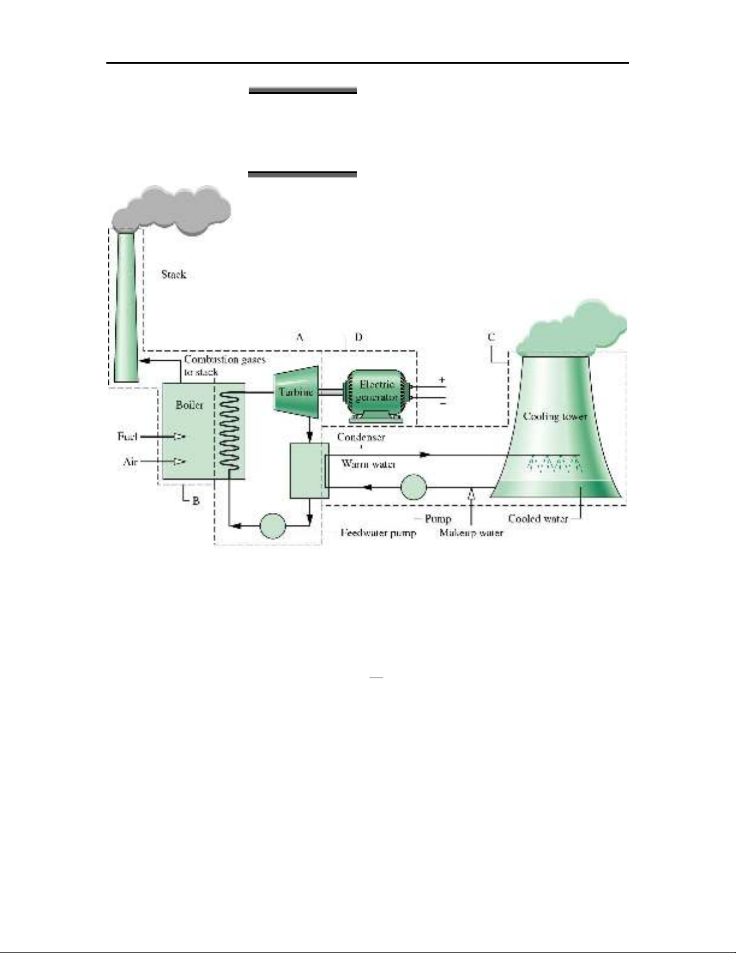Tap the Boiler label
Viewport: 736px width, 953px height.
pyautogui.click(x=189, y=405)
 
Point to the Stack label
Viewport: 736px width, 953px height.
pyautogui.click(x=174, y=275)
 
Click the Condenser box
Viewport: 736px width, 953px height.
pyautogui.click(x=309, y=471)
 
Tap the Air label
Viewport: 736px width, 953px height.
pyautogui.click(x=130, y=462)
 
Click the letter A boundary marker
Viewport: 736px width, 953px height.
pyautogui.click(x=299, y=337)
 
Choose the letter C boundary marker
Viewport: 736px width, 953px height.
pyautogui.click(x=491, y=337)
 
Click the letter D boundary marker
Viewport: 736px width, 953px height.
pyautogui.click(x=358, y=337)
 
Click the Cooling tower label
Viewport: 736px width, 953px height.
pyautogui.click(x=554, y=416)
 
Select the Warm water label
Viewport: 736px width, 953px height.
pyautogui.click(x=368, y=464)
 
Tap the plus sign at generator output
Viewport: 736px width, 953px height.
pyautogui.click(x=442, y=380)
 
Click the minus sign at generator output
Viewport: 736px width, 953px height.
pyautogui.click(x=442, y=404)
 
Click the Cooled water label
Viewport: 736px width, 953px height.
pyautogui.click(x=537, y=518)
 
